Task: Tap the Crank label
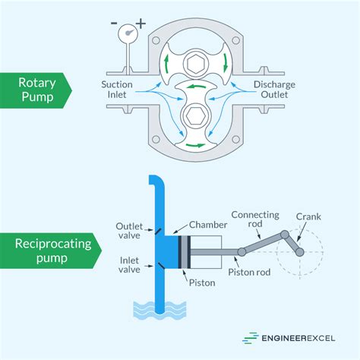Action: [309, 216]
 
